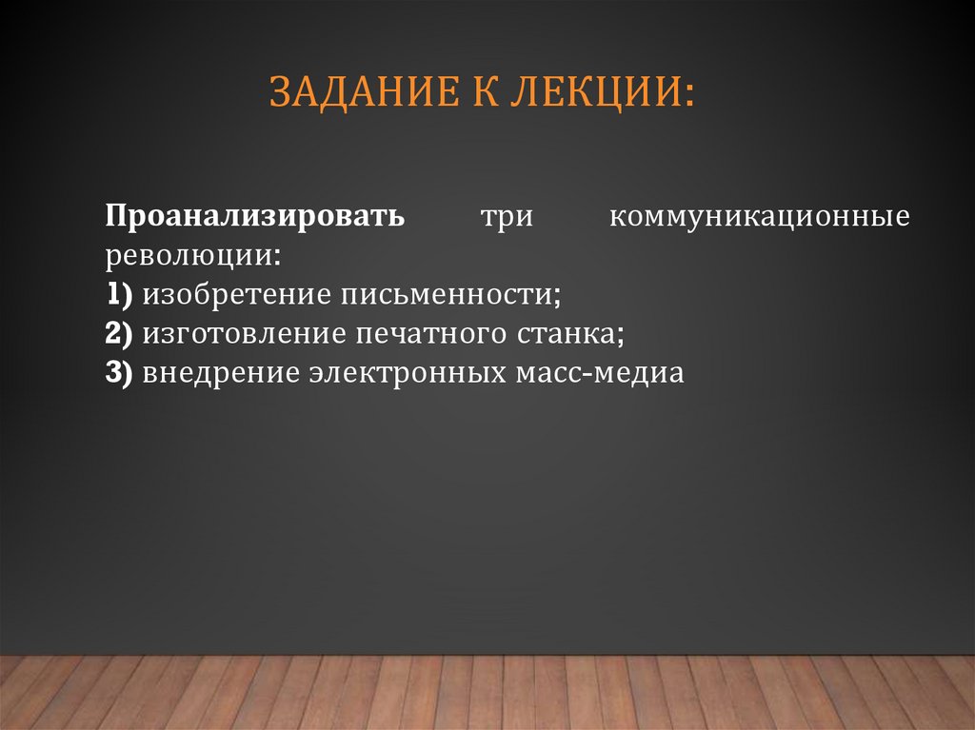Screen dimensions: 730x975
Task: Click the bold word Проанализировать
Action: (x=256, y=216)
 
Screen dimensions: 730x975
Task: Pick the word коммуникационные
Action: (x=760, y=216)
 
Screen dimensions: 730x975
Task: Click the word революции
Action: (x=190, y=256)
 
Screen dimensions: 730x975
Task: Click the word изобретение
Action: (x=236, y=294)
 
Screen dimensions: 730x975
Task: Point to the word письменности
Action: (x=444, y=294)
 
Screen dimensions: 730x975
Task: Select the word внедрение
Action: (x=221, y=372)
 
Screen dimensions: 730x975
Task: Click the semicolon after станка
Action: (x=622, y=335)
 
